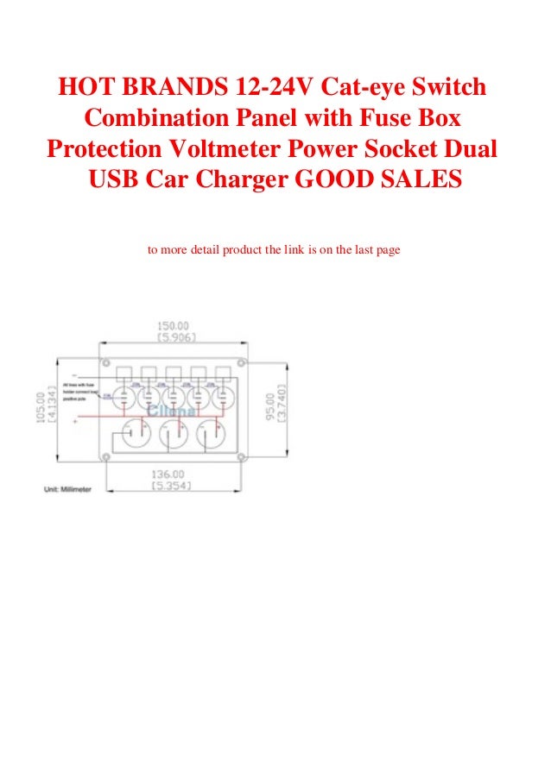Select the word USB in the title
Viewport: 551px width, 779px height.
[x=117, y=179]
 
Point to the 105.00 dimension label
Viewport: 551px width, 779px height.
[x=40, y=408]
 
